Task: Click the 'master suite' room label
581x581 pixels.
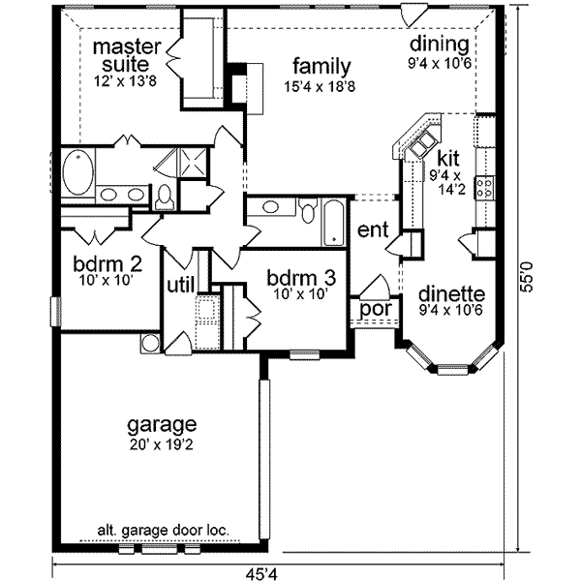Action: [x=126, y=55]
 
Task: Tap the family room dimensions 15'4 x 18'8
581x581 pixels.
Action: [x=320, y=87]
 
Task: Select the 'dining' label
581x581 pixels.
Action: [x=439, y=44]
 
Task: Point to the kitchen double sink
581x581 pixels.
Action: [x=422, y=143]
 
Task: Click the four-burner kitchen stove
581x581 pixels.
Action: [x=485, y=188]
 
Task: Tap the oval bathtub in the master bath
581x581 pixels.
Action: [x=77, y=171]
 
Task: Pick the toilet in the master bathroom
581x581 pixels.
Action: [x=165, y=198]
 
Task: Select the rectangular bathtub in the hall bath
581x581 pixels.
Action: [x=334, y=223]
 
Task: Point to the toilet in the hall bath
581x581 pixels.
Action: [x=308, y=211]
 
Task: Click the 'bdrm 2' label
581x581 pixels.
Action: [x=107, y=265]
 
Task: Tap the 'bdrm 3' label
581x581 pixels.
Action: [x=301, y=278]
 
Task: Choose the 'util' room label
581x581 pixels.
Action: [x=181, y=286]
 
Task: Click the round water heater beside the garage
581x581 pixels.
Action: [x=151, y=343]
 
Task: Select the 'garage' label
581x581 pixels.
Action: [x=162, y=425]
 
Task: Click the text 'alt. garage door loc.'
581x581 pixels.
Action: [x=163, y=531]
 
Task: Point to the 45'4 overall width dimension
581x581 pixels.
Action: [x=261, y=574]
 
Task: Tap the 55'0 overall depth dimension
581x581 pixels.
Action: [x=526, y=276]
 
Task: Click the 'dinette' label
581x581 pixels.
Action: [x=451, y=294]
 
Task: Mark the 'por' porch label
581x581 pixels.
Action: [x=376, y=309]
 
